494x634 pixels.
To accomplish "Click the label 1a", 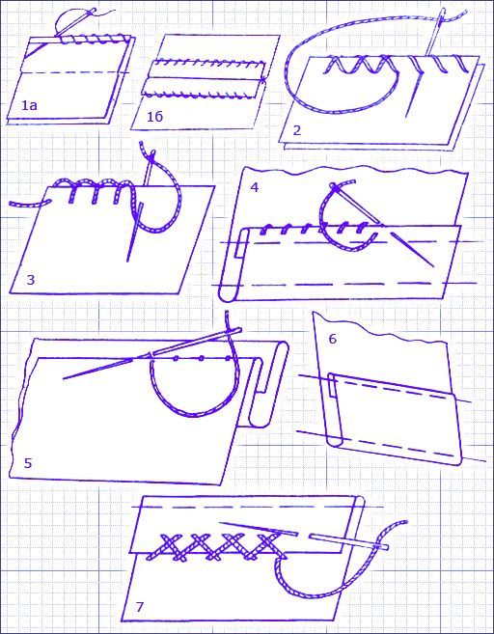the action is tap(29, 105).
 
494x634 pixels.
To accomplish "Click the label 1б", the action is tap(154, 117).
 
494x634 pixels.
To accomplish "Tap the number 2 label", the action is tap(297, 130).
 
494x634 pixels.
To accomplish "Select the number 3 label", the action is tap(31, 280).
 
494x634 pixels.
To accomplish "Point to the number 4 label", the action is tap(255, 187).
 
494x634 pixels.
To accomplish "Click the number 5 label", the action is tap(27, 463).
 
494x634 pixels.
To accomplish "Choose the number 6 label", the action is tap(332, 339).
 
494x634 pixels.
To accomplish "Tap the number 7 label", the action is tap(140, 607).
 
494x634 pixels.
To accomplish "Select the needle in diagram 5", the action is tap(151, 354).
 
